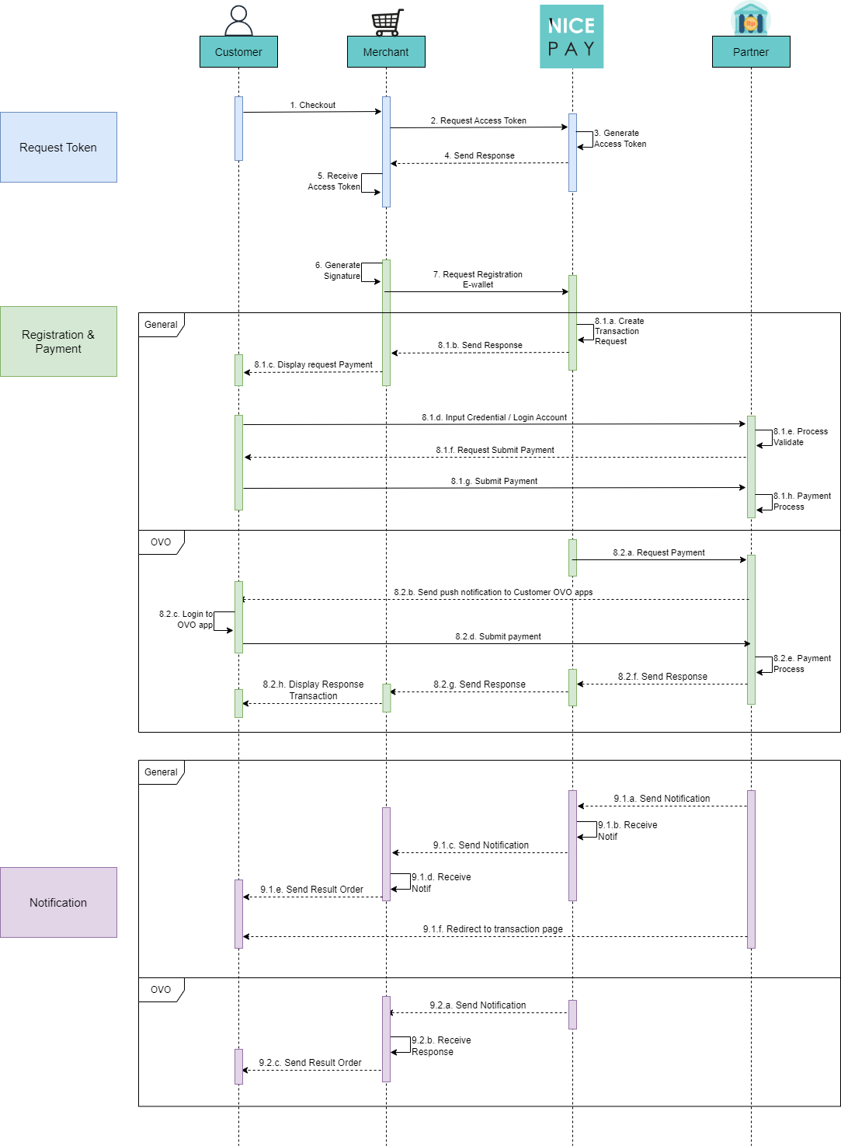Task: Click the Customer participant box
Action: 238,52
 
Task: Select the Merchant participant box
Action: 386,52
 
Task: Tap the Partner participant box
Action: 751,52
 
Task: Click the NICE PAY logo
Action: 572,37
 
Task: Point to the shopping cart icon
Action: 387,22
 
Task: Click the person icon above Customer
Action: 238,20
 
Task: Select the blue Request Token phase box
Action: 58,148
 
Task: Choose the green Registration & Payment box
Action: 58,342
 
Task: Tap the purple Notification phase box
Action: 58,903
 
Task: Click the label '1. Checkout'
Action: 313,105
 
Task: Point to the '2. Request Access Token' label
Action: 478,120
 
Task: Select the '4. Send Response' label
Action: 479,155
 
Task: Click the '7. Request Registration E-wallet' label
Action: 478,280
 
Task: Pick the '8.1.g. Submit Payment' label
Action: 494,481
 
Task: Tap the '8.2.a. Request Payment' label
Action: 659,552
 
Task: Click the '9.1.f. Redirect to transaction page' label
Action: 492,929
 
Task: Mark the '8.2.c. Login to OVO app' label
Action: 186,619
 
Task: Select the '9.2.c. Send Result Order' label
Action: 310,1063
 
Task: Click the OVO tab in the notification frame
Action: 161,990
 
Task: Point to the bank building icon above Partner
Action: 750,19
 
